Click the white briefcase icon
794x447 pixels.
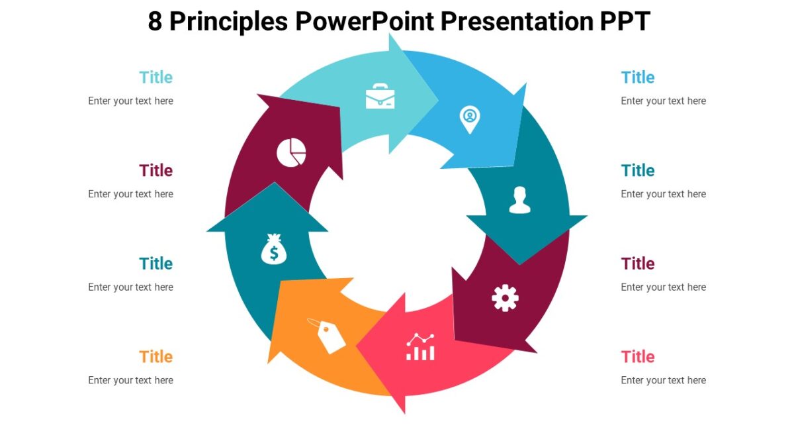click(x=380, y=97)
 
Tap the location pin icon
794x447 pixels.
click(x=470, y=119)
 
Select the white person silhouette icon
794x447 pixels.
click(x=520, y=200)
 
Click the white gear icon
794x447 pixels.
click(x=505, y=297)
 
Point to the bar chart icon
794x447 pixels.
click(x=421, y=347)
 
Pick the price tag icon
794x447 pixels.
click(x=328, y=335)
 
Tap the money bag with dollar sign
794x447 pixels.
click(x=274, y=250)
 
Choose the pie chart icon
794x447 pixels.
click(x=291, y=152)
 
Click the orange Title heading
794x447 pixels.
click(x=155, y=357)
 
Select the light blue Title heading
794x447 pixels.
click(x=638, y=77)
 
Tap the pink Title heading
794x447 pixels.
click(x=638, y=357)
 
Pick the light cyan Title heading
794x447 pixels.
click(x=155, y=77)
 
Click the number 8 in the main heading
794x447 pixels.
click(x=155, y=22)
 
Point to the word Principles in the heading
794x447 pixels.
click(x=228, y=22)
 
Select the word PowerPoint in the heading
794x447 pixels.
click(x=365, y=22)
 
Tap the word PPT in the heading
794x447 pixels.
click(x=625, y=22)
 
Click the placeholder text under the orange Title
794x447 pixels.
click(x=130, y=380)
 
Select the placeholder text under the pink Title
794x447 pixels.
click(x=663, y=380)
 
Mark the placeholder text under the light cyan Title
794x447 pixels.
click(x=130, y=101)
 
